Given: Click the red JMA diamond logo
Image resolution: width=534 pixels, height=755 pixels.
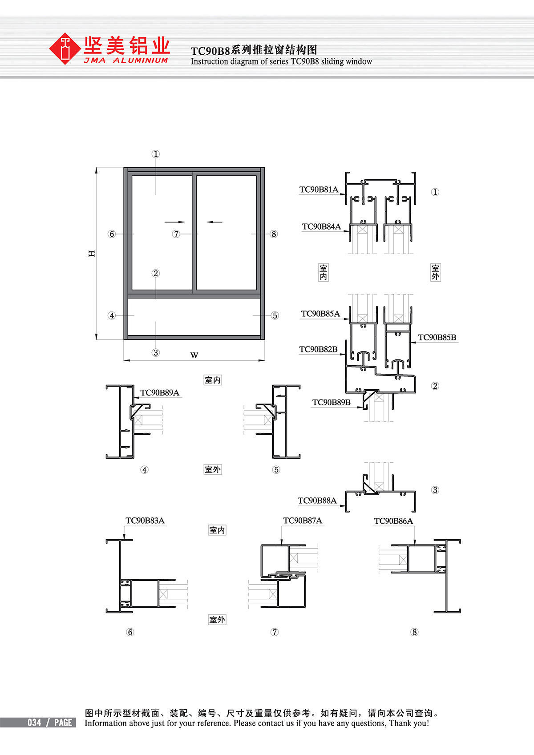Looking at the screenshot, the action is [65, 48].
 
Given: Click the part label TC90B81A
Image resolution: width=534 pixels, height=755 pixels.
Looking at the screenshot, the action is [319, 190].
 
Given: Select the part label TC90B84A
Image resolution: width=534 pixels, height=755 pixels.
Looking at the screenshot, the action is [321, 227].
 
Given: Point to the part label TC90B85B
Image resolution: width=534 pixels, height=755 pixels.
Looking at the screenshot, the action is [437, 337].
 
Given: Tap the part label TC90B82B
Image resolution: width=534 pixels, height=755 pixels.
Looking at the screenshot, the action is [318, 350].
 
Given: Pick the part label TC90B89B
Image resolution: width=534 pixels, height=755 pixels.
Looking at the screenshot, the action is [332, 403].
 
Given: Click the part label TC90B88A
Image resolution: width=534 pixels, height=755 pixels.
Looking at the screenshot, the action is [317, 501].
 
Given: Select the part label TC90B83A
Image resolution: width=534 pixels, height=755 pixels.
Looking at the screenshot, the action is [145, 521].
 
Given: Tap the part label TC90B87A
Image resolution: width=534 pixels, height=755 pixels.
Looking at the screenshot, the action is [303, 521].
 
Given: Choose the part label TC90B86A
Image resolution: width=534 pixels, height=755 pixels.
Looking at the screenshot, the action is [393, 521].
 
